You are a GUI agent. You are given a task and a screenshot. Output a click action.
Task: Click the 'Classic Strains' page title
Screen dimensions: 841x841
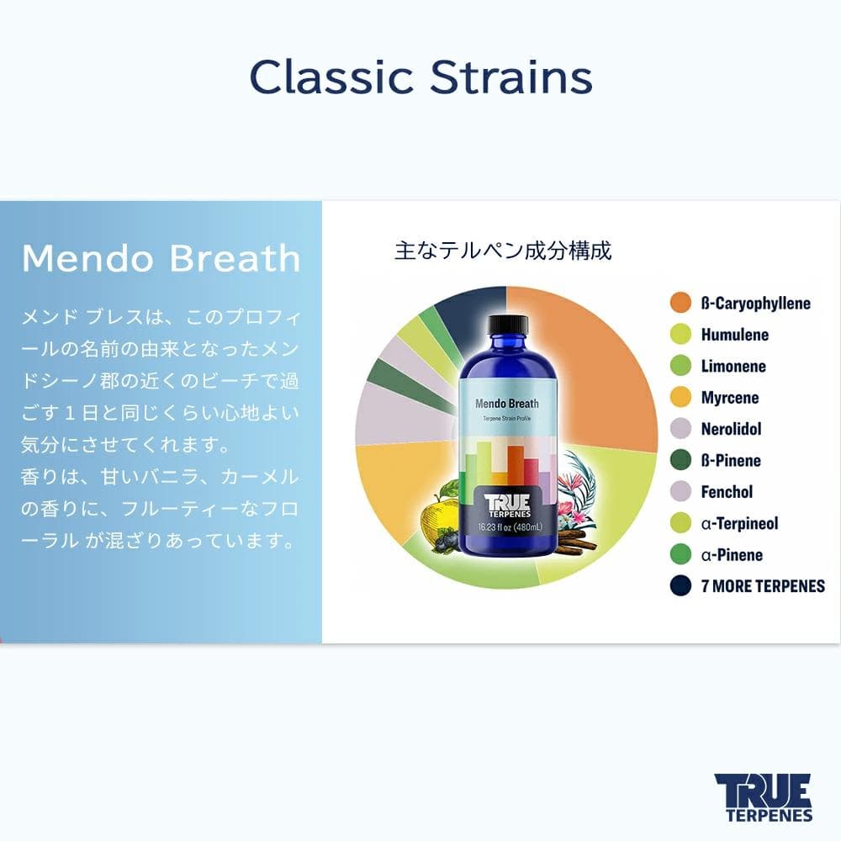[x=420, y=77]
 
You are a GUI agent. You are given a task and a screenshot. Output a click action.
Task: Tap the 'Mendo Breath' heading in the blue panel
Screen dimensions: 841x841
[x=161, y=259]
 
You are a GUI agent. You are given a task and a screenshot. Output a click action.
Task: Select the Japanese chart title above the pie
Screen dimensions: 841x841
[x=503, y=251]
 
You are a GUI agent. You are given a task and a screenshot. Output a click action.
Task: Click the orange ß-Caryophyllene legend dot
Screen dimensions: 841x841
[x=680, y=303]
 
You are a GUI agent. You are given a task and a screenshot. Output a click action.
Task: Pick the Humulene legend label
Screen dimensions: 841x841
[x=734, y=335]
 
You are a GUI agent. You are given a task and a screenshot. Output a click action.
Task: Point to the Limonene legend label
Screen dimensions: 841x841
[x=733, y=366]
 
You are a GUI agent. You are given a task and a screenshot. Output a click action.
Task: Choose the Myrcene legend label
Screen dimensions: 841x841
[x=730, y=398]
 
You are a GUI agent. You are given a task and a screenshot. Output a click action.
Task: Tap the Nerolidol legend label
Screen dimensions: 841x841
[x=731, y=429]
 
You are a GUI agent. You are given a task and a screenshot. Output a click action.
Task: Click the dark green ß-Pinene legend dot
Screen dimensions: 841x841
[x=680, y=460]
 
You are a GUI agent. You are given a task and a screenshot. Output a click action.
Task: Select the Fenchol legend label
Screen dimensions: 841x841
[x=727, y=492]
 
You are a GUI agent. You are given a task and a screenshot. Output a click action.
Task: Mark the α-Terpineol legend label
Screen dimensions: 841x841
[x=739, y=523]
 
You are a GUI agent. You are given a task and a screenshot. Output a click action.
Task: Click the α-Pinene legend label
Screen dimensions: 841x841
[x=732, y=555]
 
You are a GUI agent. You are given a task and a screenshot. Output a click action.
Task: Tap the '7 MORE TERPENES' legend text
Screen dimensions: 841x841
[x=763, y=586]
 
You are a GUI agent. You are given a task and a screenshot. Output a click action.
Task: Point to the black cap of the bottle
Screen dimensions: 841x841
[x=507, y=325]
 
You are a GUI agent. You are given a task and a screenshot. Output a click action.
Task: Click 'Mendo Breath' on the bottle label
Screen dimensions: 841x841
[x=507, y=404]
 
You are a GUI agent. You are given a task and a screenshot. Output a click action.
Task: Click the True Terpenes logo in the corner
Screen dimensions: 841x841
[x=763, y=796]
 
